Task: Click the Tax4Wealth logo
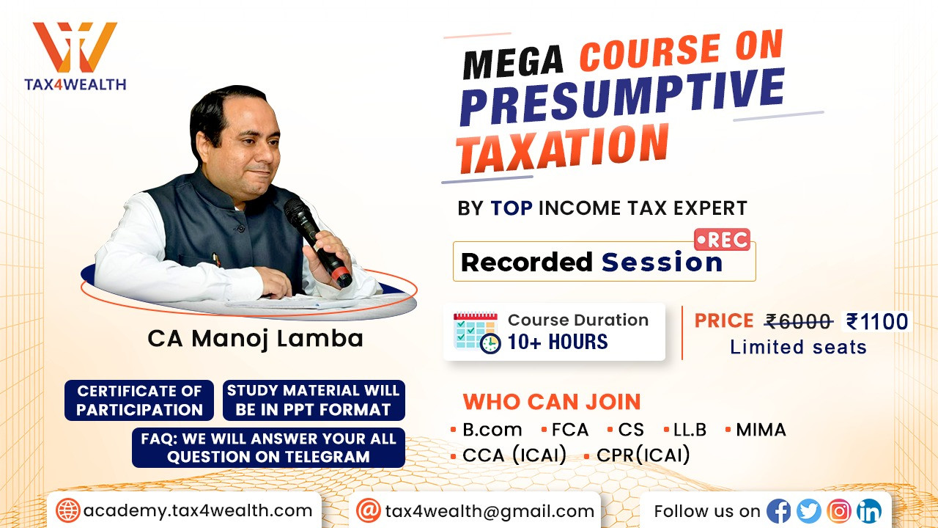click(75, 56)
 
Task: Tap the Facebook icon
click(778, 511)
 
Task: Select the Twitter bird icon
click(809, 511)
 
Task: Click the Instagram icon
click(839, 511)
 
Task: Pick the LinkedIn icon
click(869, 511)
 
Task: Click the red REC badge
click(722, 240)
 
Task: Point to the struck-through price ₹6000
click(799, 322)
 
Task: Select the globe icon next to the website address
click(68, 511)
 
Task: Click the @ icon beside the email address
click(369, 511)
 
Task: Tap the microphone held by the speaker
click(318, 243)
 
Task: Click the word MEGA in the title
click(514, 63)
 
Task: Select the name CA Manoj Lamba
click(256, 339)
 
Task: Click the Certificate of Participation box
click(139, 400)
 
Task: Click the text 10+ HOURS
click(558, 342)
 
